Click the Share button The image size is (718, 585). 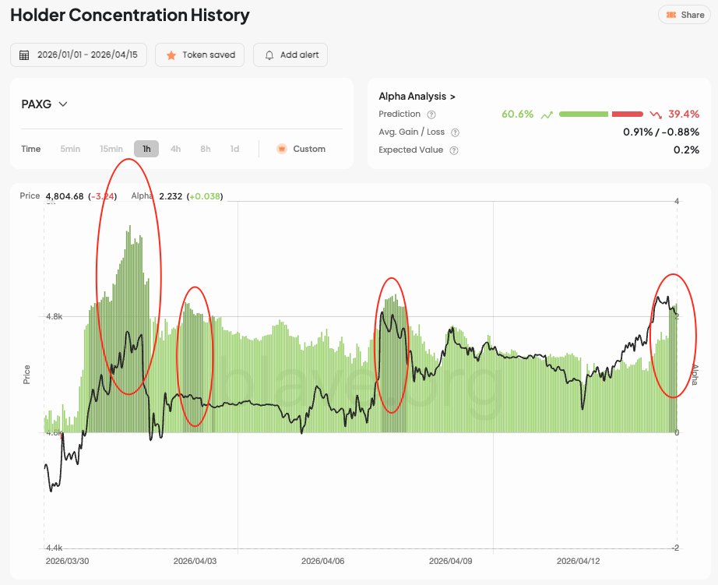(685, 15)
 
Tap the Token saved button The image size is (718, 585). (200, 55)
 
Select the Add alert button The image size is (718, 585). (290, 55)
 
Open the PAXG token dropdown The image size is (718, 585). (44, 104)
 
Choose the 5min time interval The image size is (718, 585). (70, 149)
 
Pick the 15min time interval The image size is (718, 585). (111, 149)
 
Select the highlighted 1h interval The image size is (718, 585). (146, 149)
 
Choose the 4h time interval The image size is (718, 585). (175, 149)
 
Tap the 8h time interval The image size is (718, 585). (205, 149)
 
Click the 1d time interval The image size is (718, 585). (234, 149)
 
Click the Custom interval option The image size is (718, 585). (301, 149)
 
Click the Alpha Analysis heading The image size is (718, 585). (417, 97)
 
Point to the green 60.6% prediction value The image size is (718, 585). (518, 115)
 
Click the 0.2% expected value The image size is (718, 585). (686, 150)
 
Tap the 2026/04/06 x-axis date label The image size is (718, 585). (322, 561)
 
